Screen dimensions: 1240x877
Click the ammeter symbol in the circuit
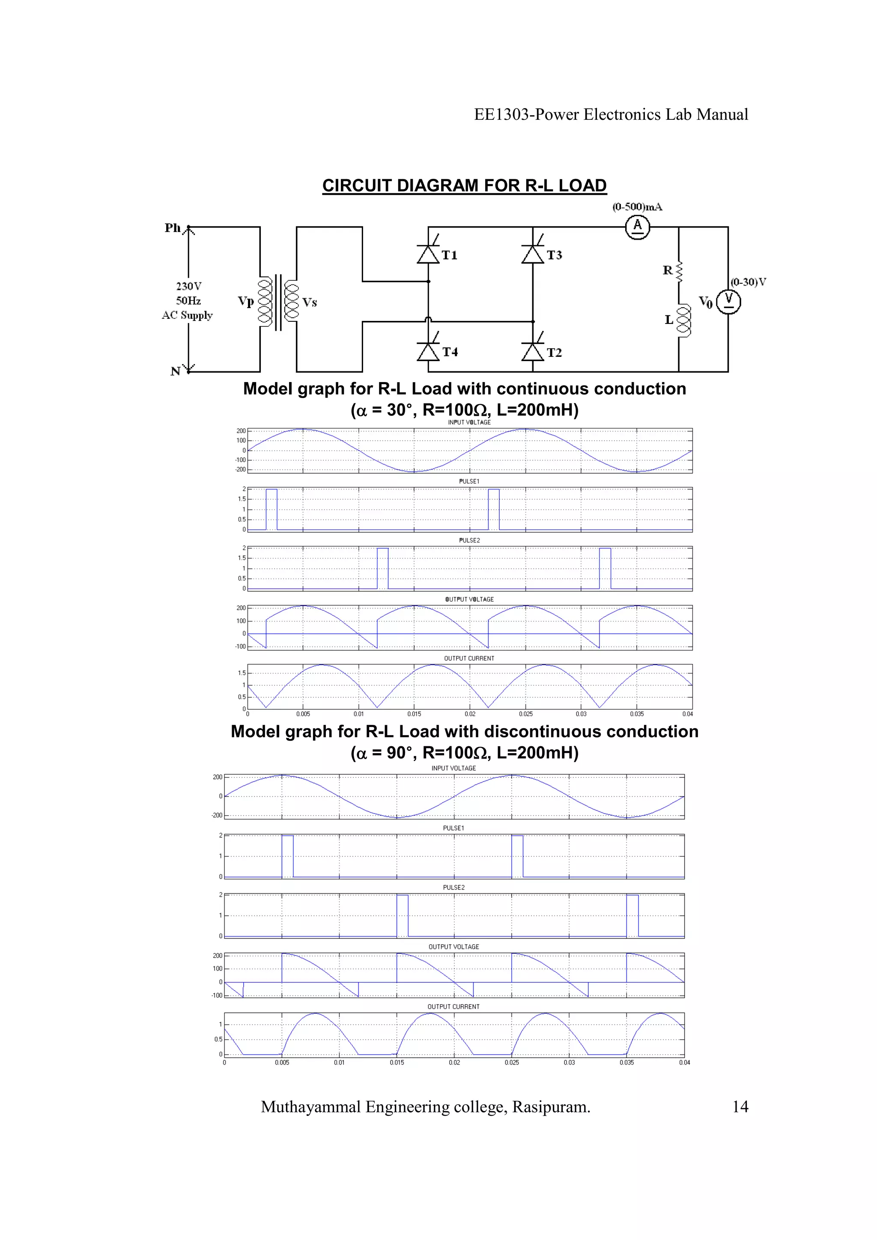(637, 227)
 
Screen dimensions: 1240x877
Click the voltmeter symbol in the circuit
(728, 301)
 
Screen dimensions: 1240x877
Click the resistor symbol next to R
(679, 272)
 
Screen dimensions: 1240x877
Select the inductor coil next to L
(683, 320)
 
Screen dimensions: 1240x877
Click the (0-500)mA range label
(637, 207)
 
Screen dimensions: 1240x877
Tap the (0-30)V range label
(749, 282)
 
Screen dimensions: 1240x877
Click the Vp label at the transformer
(246, 301)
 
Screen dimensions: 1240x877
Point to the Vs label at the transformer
(310, 303)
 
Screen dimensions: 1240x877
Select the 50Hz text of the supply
(188, 301)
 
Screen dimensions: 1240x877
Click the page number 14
(740, 1107)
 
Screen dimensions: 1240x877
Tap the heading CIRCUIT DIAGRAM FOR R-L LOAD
(464, 186)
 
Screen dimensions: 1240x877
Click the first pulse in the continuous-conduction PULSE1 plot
(271, 509)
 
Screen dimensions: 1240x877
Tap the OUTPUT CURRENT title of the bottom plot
(453, 1007)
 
